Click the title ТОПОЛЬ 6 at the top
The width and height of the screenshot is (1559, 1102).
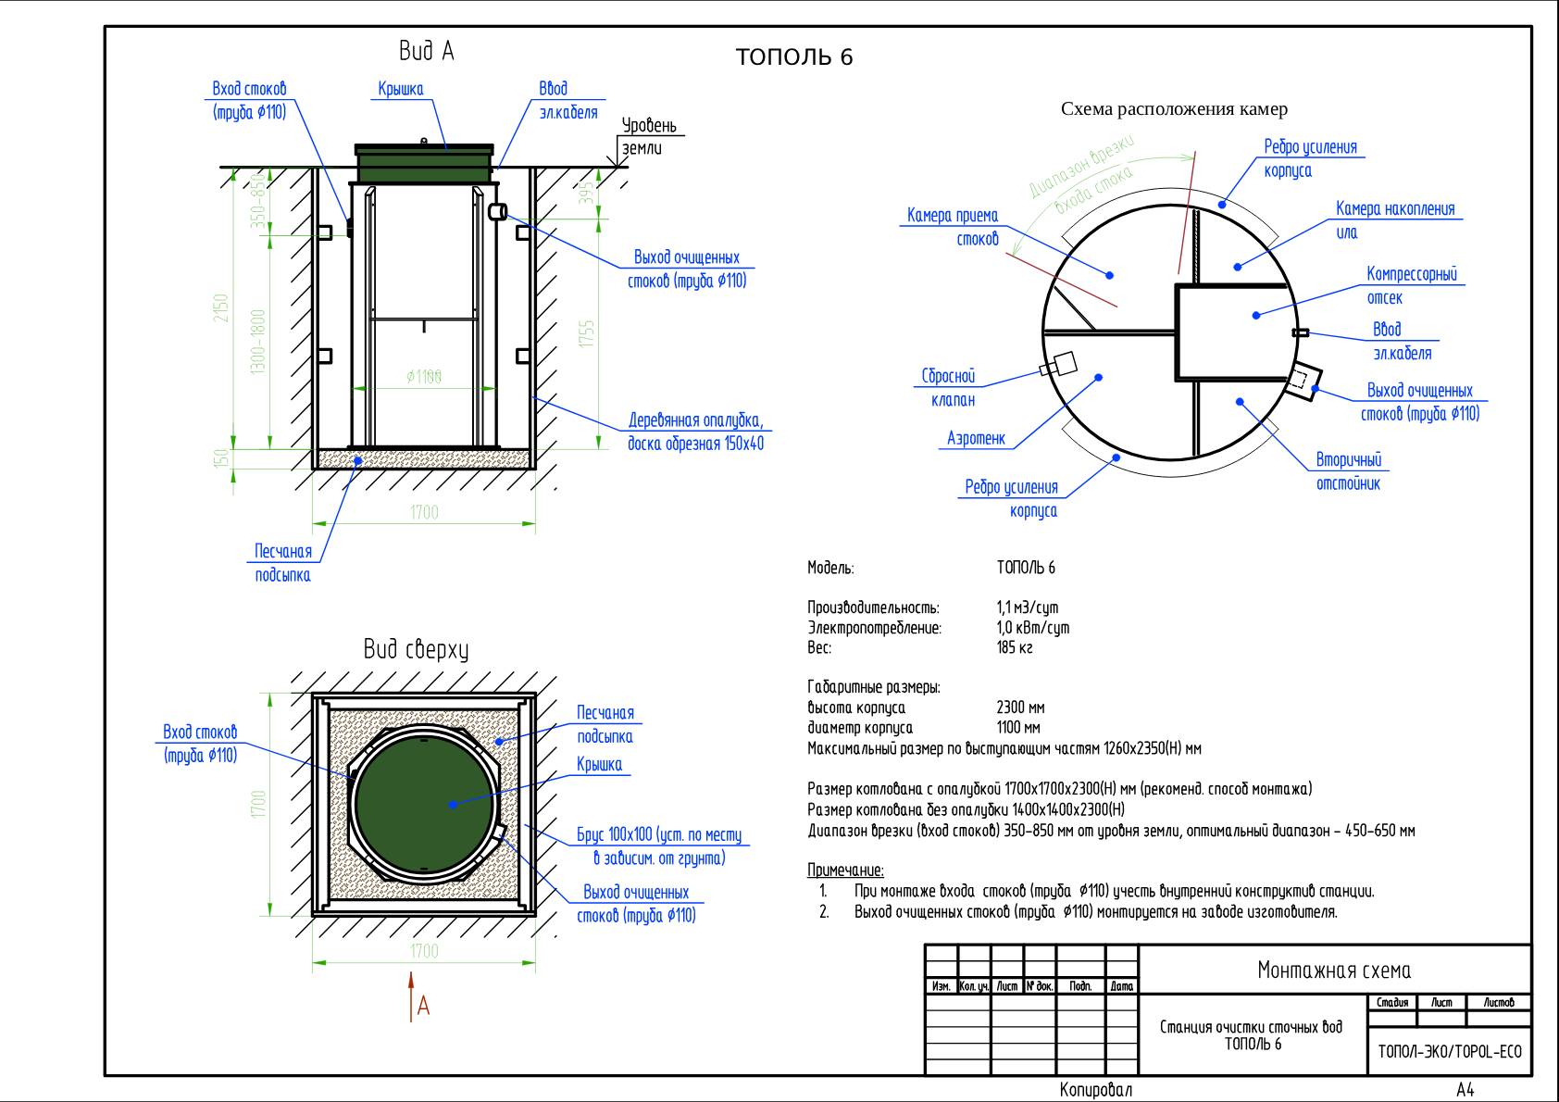[x=793, y=57]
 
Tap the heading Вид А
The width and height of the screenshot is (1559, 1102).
[x=426, y=51]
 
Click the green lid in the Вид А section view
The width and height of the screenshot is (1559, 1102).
[x=425, y=164]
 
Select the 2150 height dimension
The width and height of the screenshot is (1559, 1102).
[x=221, y=308]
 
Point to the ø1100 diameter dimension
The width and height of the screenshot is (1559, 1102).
[x=424, y=376]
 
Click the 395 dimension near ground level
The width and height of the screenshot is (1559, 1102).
[x=586, y=193]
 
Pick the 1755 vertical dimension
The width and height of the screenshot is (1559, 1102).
[x=586, y=333]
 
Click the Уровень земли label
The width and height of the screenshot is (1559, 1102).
[x=648, y=136]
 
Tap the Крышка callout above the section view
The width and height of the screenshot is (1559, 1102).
[x=400, y=90]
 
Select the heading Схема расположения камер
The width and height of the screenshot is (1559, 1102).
[x=1173, y=109]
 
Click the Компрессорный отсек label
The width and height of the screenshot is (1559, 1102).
[x=1411, y=285]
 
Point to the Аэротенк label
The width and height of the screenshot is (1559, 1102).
[x=976, y=439]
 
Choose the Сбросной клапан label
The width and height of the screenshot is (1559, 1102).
[x=949, y=388]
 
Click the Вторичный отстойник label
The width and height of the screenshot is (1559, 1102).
[x=1348, y=471]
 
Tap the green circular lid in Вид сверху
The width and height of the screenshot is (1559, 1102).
[x=426, y=802]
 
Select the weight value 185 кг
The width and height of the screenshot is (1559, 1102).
[x=1015, y=648]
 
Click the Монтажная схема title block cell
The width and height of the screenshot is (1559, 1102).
[x=1334, y=971]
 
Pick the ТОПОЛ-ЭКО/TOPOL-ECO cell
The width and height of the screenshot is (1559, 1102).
[x=1450, y=1053]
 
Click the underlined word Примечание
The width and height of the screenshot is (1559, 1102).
[x=845, y=870]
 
